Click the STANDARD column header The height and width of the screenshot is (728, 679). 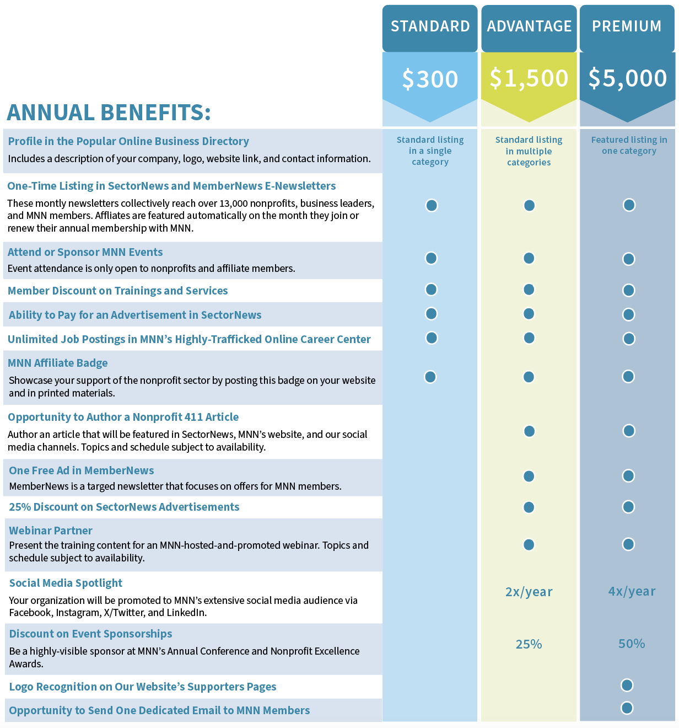[430, 26]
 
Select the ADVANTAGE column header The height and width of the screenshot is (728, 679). [529, 26]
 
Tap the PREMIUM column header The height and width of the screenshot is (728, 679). [627, 26]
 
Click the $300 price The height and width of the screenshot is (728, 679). [430, 79]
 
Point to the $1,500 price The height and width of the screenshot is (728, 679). [529, 78]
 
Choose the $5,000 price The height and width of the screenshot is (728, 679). [628, 78]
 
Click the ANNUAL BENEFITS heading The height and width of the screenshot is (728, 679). [109, 113]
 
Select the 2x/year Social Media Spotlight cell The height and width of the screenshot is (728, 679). [529, 592]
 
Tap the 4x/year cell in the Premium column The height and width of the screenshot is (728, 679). [632, 591]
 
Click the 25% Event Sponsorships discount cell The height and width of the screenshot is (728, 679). [529, 644]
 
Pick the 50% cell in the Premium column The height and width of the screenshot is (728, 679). [632, 644]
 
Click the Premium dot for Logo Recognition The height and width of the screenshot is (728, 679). [627, 685]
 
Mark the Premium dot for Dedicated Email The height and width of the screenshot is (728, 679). [627, 708]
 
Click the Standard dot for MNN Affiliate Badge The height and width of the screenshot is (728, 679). [430, 377]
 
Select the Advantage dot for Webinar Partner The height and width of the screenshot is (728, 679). [529, 545]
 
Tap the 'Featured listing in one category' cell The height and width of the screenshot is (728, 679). [629, 146]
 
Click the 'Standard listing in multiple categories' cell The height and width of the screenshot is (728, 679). [529, 151]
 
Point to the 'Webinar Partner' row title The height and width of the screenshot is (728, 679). [51, 531]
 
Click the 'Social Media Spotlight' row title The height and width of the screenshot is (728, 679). [66, 583]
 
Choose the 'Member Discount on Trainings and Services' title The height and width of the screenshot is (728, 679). [117, 291]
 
